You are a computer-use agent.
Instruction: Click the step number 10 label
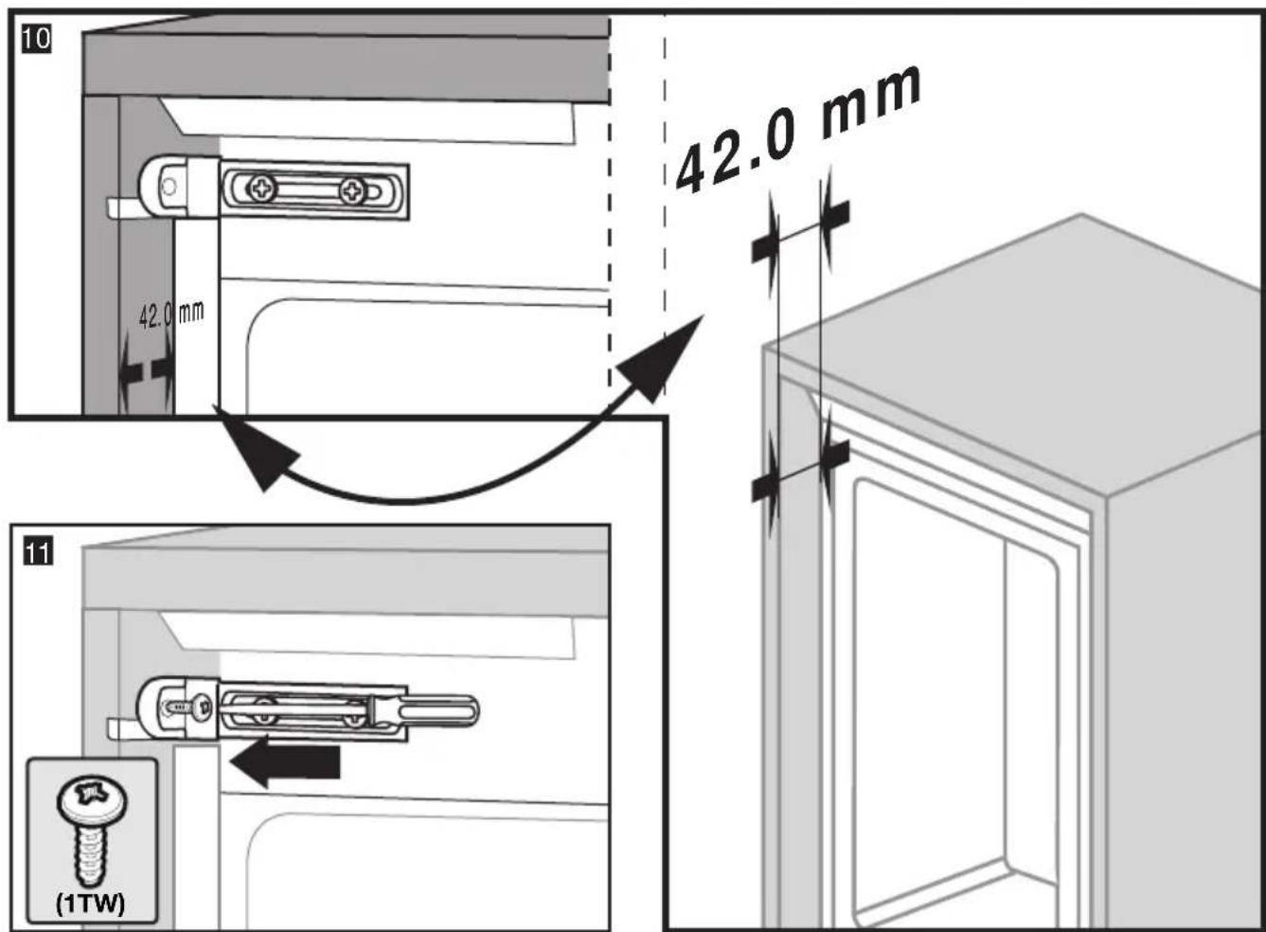(37, 40)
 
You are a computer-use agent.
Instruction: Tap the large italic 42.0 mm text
(798, 129)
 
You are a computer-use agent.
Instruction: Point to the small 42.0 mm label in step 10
(171, 315)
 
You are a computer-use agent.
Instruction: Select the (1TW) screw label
(91, 905)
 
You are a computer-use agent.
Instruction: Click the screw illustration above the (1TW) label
(92, 831)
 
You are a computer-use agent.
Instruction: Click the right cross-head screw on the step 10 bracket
(353, 191)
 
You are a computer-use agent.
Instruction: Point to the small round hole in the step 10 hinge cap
(168, 186)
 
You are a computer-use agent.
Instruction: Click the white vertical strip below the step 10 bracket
(196, 316)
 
